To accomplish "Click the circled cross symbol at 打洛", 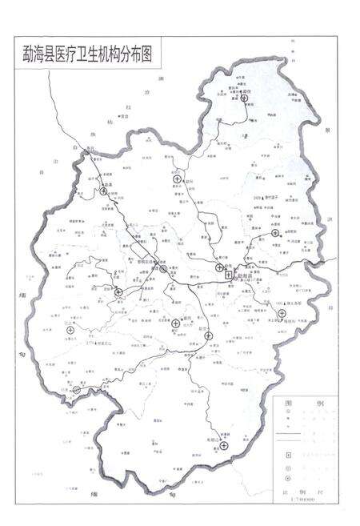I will point(77,390).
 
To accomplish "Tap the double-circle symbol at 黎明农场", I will point(163,271).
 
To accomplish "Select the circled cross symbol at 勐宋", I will point(275,233).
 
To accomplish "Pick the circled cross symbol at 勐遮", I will point(118,292).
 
